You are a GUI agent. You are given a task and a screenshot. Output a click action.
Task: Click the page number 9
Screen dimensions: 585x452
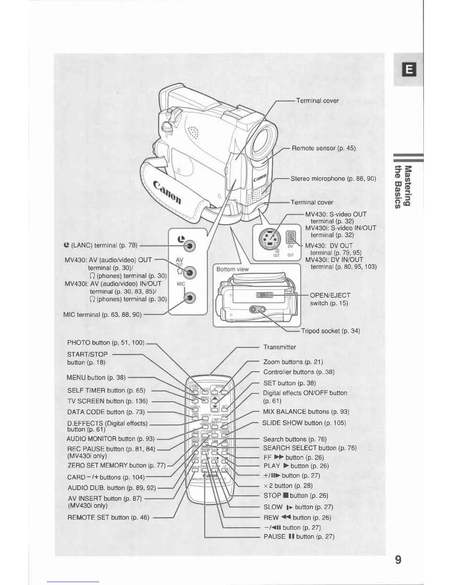398,560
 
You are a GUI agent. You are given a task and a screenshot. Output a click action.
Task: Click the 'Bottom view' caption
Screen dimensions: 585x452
233,269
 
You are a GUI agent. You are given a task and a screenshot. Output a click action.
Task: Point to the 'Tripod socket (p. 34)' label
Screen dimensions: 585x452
330,331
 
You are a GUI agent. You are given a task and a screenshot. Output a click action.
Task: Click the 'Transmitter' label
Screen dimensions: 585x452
280,347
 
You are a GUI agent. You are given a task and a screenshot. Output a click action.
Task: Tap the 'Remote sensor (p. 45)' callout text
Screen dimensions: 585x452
323,148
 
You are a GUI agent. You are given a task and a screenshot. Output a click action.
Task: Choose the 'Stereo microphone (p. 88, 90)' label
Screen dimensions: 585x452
333,179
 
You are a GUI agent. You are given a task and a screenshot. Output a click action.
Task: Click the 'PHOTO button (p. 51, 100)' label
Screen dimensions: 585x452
106,343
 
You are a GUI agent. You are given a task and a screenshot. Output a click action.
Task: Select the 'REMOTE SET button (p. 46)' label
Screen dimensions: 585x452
108,517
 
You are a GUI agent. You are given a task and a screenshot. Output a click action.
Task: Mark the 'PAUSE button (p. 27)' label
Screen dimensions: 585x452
299,537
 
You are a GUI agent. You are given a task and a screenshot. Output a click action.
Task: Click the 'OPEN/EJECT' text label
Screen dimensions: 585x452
330,295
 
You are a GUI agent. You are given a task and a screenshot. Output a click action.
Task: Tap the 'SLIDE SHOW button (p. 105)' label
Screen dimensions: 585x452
304,423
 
